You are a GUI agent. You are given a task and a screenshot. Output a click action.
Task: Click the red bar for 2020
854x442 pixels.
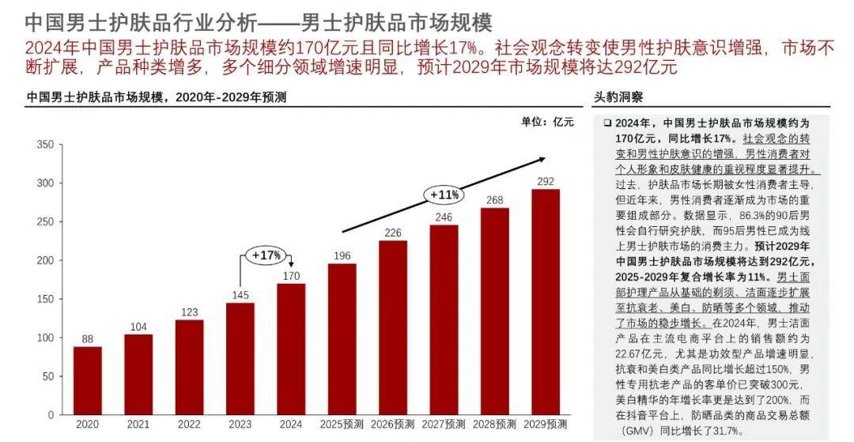[87, 380]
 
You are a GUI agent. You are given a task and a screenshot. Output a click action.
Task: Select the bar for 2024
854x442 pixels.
[290, 349]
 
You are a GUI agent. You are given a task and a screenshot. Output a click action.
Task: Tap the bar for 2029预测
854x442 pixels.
[545, 301]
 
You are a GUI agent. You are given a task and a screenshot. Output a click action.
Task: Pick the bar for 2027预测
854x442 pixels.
[444, 319]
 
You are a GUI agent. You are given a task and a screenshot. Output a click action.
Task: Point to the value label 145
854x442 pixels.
[240, 294]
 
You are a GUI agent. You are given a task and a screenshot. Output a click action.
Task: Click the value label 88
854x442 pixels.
[87, 338]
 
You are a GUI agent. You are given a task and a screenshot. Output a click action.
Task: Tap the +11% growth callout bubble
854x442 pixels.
[444, 194]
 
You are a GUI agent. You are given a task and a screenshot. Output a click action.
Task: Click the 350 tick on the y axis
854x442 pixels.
[44, 145]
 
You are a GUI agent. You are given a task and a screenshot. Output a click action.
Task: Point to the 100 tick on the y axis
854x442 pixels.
[44, 338]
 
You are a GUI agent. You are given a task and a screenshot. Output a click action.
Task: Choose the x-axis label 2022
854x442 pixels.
[189, 425]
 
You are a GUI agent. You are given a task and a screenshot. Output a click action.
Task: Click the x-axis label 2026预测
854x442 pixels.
[392, 425]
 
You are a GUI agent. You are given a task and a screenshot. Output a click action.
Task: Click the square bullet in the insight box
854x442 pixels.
[606, 124]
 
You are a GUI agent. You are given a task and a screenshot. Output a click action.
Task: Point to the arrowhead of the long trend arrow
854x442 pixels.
[541, 158]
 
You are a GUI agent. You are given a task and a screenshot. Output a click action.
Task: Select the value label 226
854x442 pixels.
[392, 232]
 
